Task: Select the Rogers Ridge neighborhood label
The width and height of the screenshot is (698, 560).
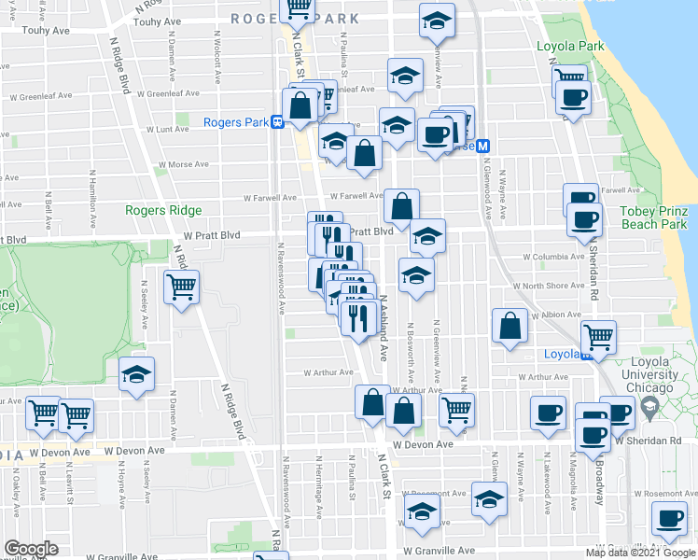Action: tap(163, 210)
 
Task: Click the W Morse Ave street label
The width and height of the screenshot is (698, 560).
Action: tap(183, 164)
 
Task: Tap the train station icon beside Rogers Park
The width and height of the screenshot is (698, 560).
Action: tap(277, 122)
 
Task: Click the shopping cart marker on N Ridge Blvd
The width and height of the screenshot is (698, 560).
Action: tap(181, 287)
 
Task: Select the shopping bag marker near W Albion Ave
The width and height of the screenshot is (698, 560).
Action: tap(510, 327)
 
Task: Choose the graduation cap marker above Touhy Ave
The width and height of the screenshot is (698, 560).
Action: tap(436, 20)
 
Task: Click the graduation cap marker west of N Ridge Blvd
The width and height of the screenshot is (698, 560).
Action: tap(137, 375)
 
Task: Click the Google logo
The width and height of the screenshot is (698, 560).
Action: tap(32, 549)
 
